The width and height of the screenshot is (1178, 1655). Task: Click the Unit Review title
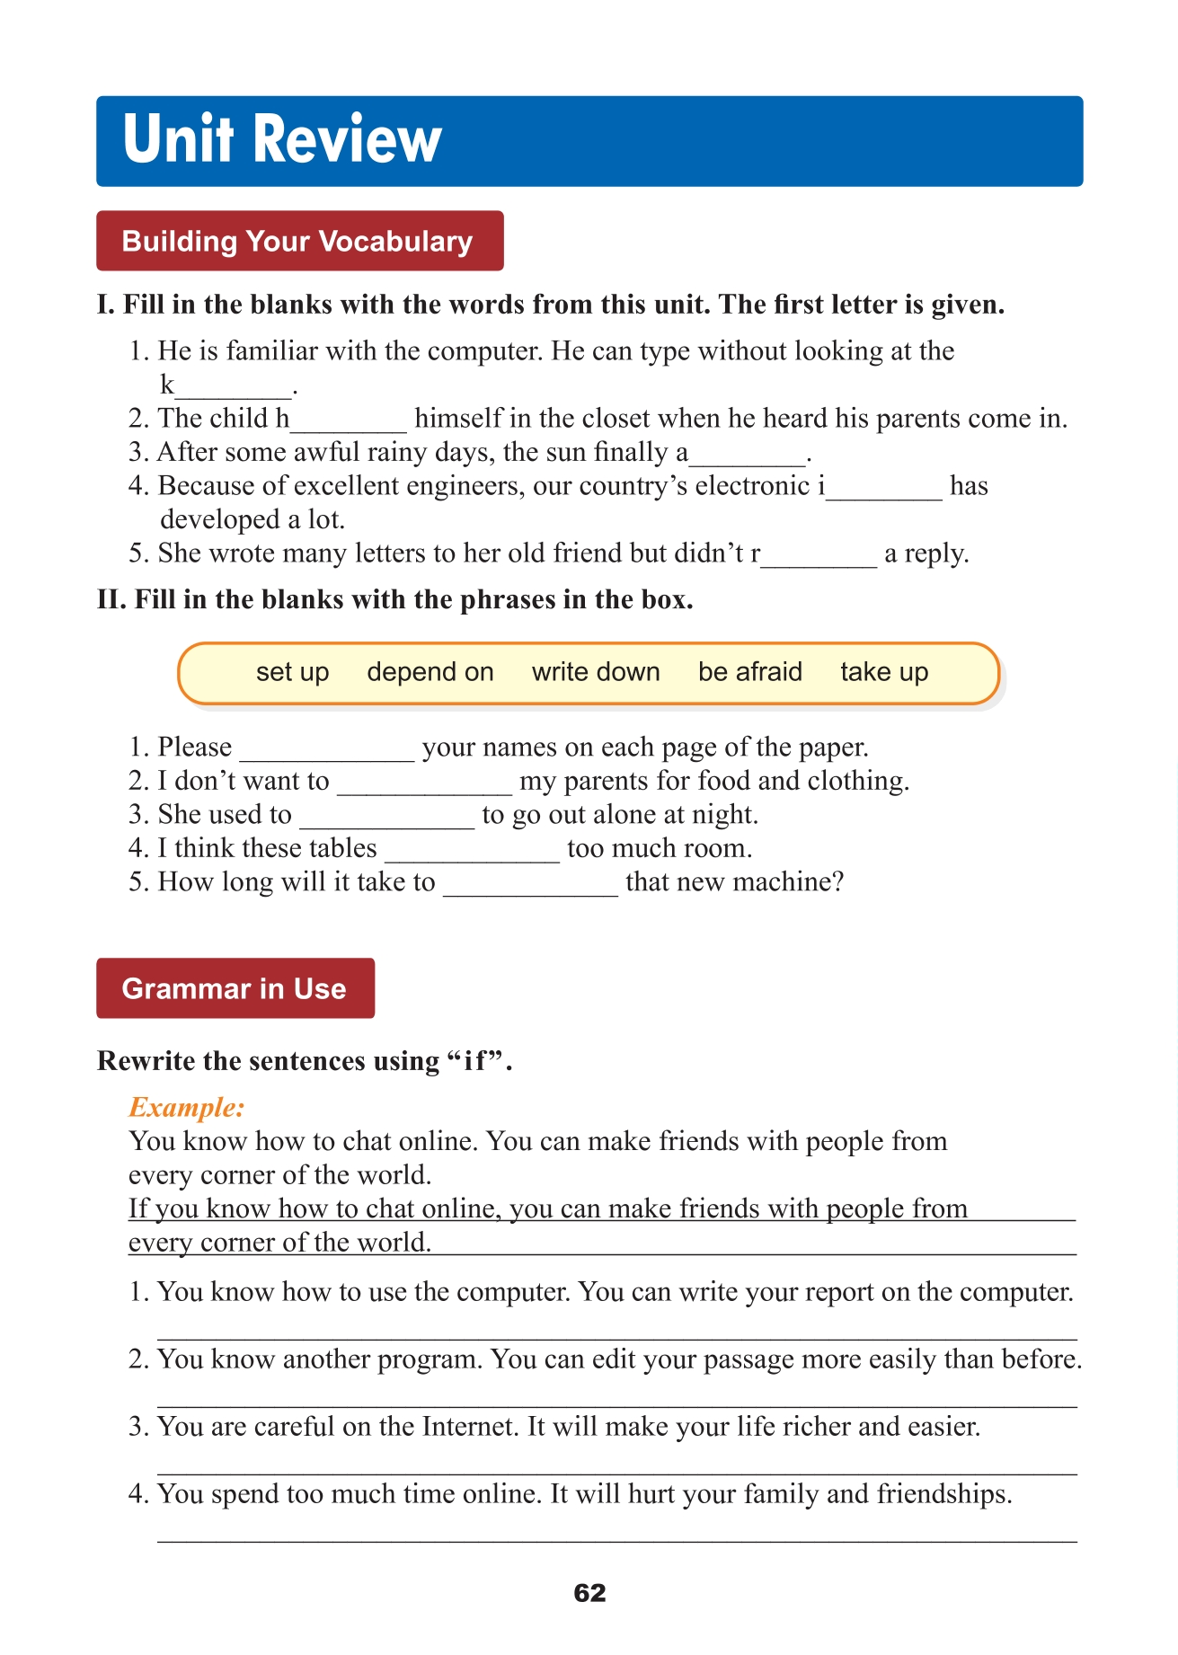282,140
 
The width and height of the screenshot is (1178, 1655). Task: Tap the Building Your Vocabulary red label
298,241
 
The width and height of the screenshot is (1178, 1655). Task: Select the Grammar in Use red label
235,988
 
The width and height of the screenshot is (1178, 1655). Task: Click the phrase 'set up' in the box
292,672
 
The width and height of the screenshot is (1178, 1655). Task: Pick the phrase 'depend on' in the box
430,672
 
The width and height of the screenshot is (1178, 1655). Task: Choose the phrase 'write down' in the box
596,672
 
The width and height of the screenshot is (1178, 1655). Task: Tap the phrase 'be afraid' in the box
750,672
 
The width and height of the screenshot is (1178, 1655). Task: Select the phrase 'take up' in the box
884,672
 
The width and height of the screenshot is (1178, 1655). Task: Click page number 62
589,1593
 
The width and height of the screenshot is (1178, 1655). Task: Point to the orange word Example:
186,1107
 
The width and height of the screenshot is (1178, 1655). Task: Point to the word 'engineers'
465,486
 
